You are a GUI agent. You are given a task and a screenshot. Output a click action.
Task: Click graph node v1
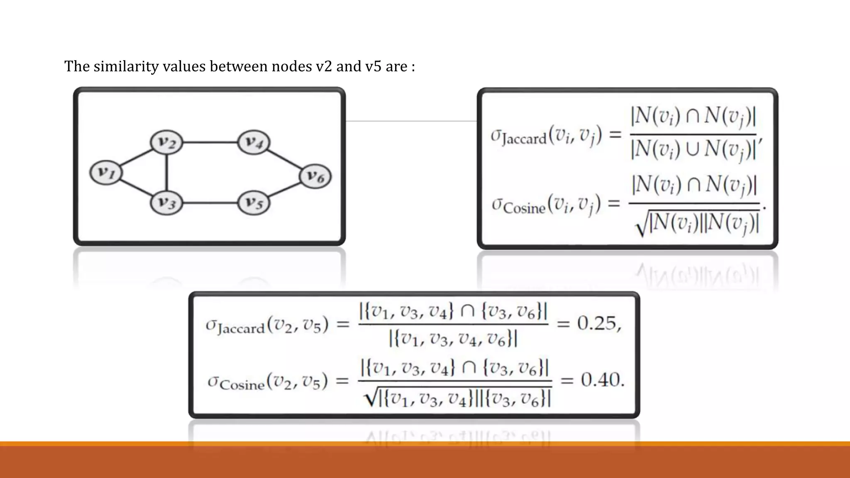106,172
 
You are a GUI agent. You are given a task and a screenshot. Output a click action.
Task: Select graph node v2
166,142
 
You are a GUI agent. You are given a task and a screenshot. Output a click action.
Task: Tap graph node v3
166,203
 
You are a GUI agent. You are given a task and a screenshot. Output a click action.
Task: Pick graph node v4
254,142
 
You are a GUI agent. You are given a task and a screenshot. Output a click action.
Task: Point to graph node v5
254,203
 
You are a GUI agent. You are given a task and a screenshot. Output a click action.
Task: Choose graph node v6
315,176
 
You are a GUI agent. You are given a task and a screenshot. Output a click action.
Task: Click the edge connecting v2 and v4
210,142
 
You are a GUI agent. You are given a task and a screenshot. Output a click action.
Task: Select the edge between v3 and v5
210,203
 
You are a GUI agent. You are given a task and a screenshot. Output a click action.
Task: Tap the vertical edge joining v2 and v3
166,173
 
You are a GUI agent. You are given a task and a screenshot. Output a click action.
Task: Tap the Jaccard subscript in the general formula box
524,139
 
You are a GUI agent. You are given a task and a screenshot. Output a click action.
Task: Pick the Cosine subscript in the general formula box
524,207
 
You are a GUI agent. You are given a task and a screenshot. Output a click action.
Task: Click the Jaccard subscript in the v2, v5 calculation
241,329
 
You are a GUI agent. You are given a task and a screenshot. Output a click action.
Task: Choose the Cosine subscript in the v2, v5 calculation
242,385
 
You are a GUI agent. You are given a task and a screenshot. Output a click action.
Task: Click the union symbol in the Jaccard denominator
692,148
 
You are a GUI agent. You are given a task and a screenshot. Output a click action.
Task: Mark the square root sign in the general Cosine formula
642,226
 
